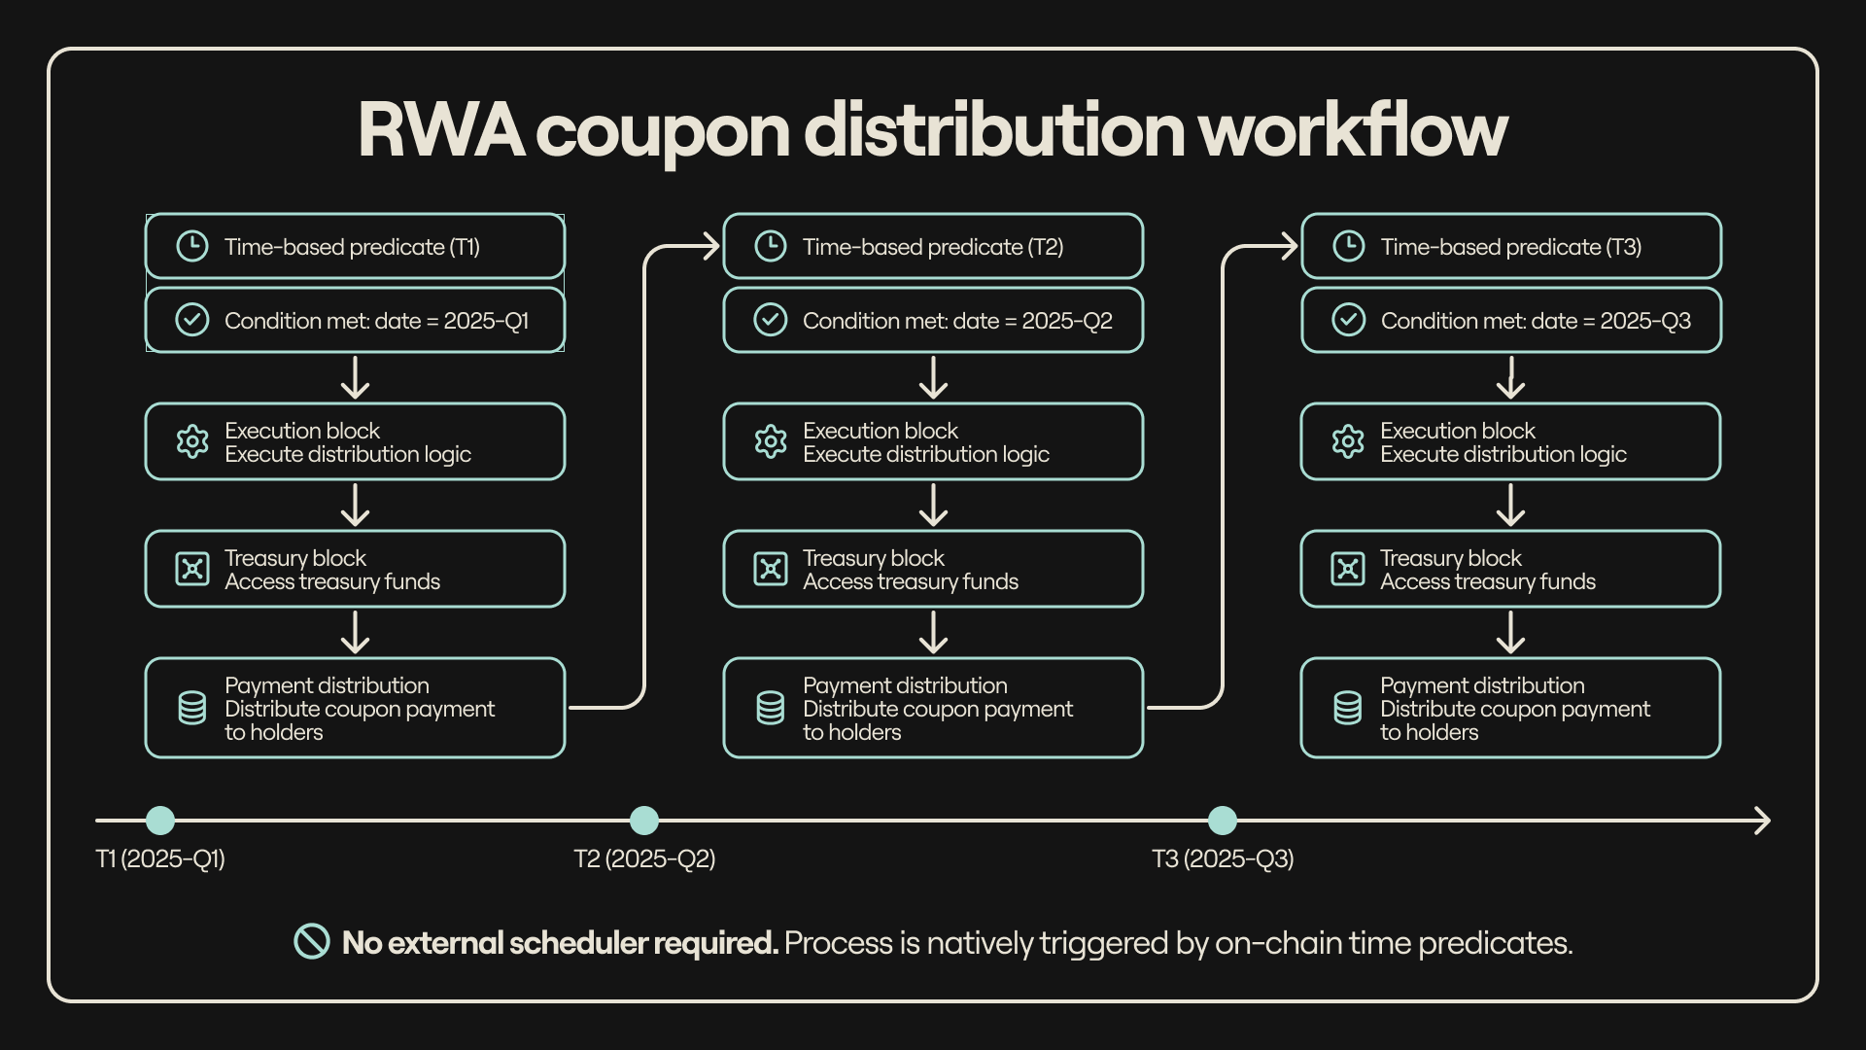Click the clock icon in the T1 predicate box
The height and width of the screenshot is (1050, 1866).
coord(192,246)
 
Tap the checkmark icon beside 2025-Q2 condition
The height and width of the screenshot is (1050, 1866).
coord(771,320)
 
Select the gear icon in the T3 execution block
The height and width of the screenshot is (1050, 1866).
coord(1348,442)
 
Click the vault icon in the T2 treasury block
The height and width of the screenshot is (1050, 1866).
coord(771,569)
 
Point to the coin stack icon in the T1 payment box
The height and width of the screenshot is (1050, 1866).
coord(192,708)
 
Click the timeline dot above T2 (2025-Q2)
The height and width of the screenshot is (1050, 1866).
coord(644,821)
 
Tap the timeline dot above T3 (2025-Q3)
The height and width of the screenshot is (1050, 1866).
coord(1222,821)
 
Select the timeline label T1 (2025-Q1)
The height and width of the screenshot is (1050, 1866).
coord(160,859)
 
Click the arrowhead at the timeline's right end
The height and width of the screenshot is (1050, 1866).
coord(1762,821)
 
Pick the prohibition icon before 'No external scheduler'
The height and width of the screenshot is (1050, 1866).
coord(312,941)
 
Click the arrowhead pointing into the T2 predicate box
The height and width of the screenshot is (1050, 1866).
coord(710,247)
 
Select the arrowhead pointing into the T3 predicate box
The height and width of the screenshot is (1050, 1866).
coord(1289,247)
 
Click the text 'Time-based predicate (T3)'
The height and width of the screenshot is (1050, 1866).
coord(1510,247)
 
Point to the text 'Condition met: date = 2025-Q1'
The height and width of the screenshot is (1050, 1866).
coord(376,321)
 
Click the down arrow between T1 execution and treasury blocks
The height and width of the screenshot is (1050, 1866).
coord(356,506)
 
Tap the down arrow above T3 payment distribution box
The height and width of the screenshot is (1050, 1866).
coord(1510,633)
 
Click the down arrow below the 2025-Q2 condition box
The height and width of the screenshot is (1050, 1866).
coord(933,378)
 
